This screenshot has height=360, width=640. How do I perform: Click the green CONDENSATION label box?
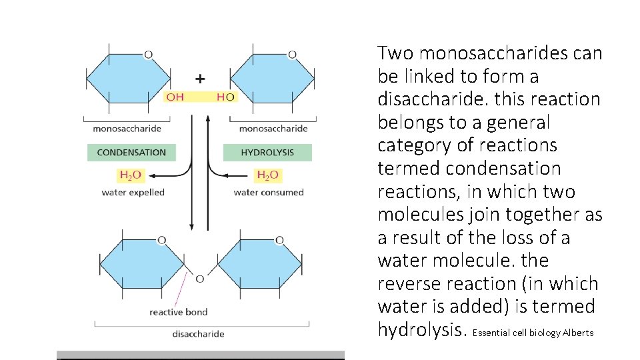point(131,153)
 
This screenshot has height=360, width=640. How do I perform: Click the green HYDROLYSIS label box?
point(267,153)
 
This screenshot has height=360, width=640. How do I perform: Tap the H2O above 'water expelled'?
point(131,175)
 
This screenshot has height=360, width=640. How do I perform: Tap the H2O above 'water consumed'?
point(267,175)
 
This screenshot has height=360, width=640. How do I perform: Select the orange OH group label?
point(175,97)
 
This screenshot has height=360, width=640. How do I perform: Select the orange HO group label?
point(225,97)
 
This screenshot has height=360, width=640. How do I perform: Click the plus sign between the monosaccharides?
point(200,79)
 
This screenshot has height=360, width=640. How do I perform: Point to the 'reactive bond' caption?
point(178,312)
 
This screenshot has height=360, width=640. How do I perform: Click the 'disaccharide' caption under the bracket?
point(198,334)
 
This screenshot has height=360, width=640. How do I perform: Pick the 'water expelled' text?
point(133,193)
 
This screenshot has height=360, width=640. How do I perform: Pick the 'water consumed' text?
point(268,193)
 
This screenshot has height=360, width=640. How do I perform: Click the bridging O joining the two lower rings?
point(199,279)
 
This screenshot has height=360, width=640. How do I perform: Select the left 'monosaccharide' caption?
point(127,129)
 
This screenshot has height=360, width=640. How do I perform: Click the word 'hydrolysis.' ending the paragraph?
point(422,330)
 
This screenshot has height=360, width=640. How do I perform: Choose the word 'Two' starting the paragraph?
point(395,53)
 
